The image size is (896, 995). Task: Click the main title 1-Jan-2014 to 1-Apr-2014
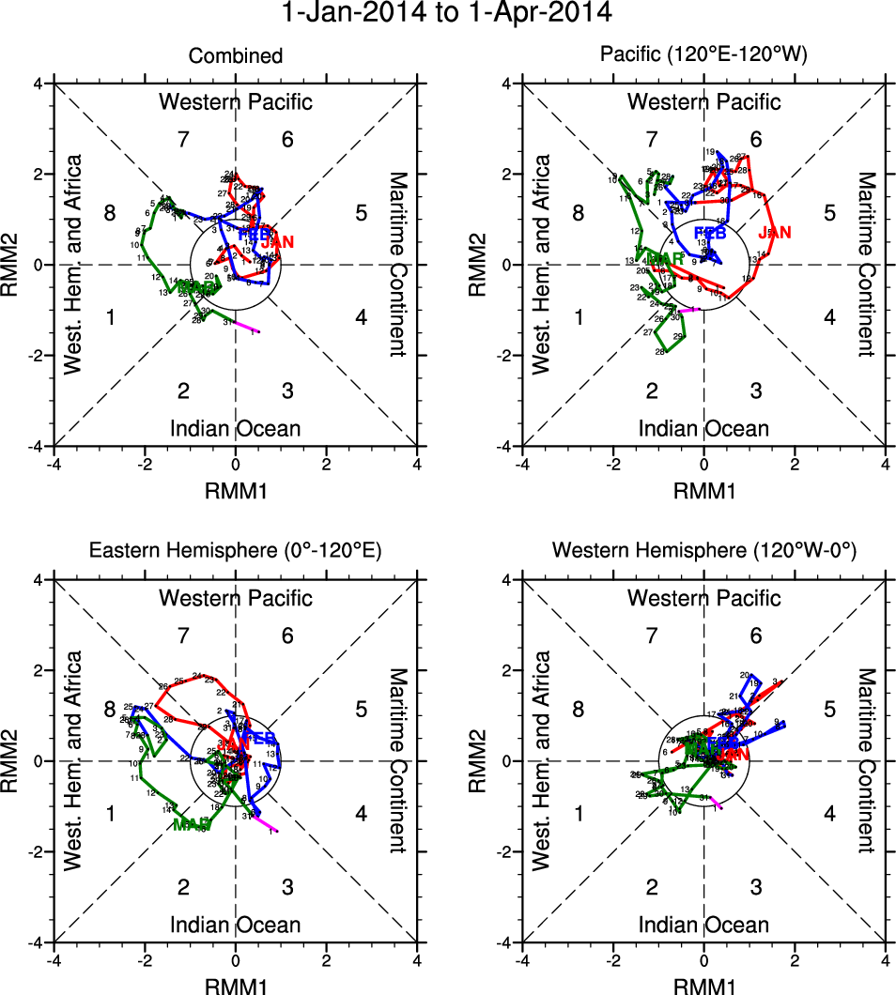(448, 14)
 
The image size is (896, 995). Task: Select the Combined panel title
(236, 57)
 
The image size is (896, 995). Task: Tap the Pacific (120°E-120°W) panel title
(703, 57)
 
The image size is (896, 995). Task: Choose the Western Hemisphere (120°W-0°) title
(703, 551)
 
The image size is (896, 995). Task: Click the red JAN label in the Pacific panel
(776, 232)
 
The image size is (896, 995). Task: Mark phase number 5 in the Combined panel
(361, 213)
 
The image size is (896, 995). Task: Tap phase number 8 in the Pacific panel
(579, 213)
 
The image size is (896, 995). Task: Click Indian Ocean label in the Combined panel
(236, 429)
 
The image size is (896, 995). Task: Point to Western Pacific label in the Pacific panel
(703, 101)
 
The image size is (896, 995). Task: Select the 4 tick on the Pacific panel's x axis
(886, 463)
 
